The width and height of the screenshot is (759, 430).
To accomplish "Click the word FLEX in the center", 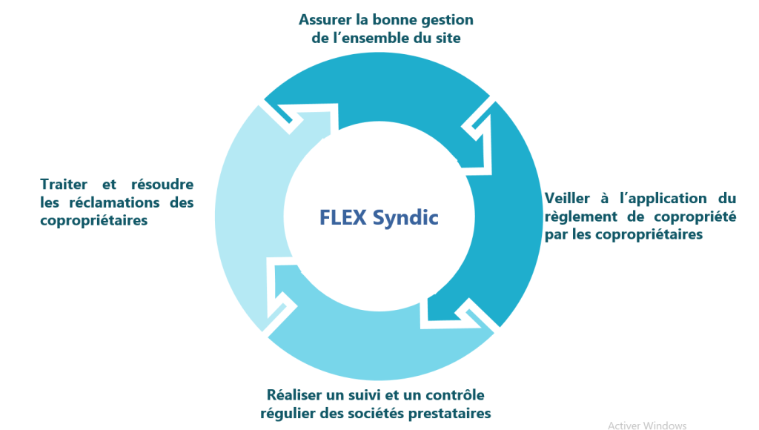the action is pos(342,217).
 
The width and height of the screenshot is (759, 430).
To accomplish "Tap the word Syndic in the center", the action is pos(405,218).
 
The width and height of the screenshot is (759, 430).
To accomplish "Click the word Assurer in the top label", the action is pos(325,20).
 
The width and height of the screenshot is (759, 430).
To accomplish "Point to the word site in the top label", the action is pos(448,38).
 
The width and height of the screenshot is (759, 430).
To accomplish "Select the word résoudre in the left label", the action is pos(162,184).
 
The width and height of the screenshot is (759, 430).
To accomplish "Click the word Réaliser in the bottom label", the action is pos(294,394).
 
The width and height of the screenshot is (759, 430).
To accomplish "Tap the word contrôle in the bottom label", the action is pos(455,394).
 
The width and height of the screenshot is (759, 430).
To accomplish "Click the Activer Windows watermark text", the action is pos(647,425).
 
